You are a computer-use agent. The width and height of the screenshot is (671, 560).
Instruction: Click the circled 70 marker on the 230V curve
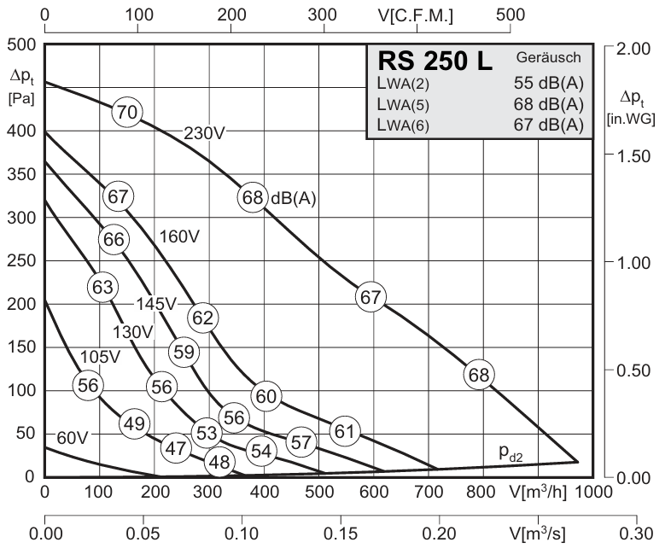pyautogui.click(x=127, y=112)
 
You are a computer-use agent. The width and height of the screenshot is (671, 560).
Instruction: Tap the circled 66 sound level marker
pyautogui.click(x=114, y=240)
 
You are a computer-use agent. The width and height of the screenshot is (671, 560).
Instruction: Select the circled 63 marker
pyautogui.click(x=102, y=287)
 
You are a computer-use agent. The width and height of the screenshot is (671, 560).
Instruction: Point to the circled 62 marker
pyautogui.click(x=202, y=318)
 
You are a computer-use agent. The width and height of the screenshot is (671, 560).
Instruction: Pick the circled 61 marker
pyautogui.click(x=344, y=431)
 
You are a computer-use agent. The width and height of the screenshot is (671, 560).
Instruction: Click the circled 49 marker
pyautogui.click(x=134, y=423)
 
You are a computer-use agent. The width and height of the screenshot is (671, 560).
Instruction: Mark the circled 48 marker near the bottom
pyautogui.click(x=219, y=462)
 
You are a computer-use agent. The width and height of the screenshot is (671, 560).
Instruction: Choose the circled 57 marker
pyautogui.click(x=300, y=442)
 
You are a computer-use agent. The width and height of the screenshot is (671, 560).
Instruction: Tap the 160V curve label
pyautogui.click(x=179, y=236)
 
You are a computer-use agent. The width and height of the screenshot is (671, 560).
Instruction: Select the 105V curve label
pyautogui.click(x=100, y=356)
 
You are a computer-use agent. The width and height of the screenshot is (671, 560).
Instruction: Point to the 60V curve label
pyautogui.click(x=73, y=438)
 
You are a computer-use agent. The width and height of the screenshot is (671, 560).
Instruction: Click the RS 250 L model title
pyautogui.click(x=435, y=62)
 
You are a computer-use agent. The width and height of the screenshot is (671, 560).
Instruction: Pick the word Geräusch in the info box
pyautogui.click(x=548, y=58)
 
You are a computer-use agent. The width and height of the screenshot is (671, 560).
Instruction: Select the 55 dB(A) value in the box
pyautogui.click(x=549, y=83)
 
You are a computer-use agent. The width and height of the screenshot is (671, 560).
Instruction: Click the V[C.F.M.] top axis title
pyautogui.click(x=415, y=16)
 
